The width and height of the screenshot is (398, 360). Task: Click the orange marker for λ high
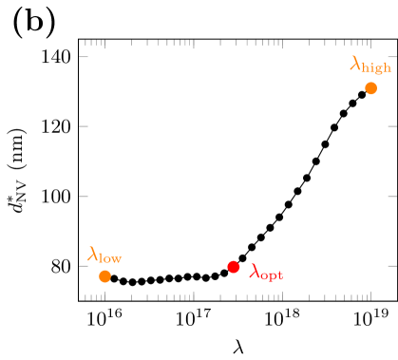coord(370,88)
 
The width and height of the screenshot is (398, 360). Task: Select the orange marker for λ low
coord(104,276)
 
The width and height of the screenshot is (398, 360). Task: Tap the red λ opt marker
coord(233,267)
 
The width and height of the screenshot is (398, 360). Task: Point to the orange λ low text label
coord(104,255)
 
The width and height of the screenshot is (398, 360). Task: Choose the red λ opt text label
coord(266,273)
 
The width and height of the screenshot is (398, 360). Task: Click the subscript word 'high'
coord(377,67)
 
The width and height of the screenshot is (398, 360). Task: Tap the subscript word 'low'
coord(110,256)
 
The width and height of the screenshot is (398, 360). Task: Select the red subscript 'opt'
coord(272,275)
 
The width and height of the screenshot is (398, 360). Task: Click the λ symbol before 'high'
coord(355,64)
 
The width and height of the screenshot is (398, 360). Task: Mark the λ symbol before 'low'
coord(93,253)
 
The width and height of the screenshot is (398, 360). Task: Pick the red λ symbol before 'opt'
coord(254,271)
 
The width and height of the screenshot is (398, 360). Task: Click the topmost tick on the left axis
coord(84,56)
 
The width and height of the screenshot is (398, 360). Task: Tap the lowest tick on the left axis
coord(84,267)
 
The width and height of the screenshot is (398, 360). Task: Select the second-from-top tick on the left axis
coord(84,125)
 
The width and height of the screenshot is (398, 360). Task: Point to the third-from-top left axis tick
coord(84,197)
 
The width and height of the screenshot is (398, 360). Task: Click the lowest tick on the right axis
coord(391,267)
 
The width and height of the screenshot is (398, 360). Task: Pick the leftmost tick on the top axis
coord(85,44)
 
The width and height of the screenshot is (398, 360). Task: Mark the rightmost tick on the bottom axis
coord(370,295)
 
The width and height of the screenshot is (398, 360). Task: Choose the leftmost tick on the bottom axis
coord(85,296)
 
